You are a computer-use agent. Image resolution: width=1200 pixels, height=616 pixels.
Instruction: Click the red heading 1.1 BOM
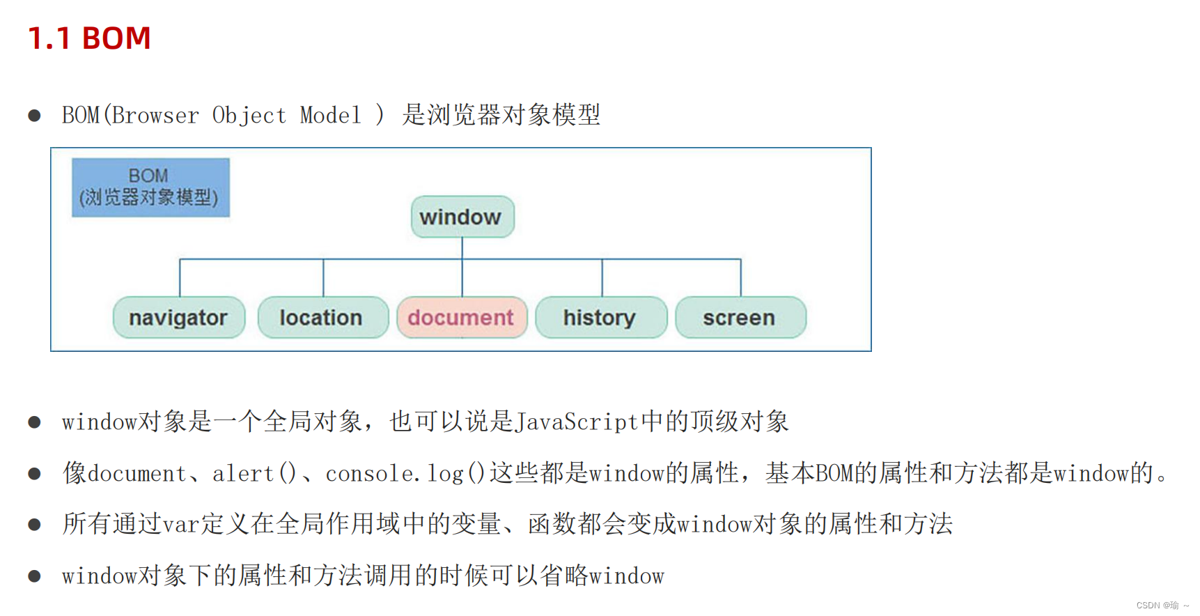89,38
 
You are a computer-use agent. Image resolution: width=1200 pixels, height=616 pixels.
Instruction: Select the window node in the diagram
462,217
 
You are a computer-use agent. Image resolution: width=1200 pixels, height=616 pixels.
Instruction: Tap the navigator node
179,318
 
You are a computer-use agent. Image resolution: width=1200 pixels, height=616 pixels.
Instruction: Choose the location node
322,318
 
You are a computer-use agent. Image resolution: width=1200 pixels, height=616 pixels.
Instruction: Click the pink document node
462,318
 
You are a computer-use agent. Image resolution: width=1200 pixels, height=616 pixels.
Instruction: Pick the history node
600,318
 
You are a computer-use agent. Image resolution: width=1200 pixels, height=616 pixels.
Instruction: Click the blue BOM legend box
150,187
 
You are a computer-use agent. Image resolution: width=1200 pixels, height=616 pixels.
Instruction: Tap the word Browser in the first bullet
155,115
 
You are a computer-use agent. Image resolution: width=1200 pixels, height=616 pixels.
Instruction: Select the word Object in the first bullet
249,115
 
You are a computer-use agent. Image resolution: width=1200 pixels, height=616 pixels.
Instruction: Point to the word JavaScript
576,422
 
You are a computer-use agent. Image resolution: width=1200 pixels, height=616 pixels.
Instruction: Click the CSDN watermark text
1161,606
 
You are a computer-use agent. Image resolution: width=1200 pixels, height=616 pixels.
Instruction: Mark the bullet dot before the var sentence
34,525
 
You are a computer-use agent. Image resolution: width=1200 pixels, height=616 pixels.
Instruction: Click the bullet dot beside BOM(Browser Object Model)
34,116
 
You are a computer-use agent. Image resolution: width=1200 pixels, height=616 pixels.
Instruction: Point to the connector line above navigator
180,277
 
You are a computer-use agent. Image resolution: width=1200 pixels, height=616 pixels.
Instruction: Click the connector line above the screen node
740,277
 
